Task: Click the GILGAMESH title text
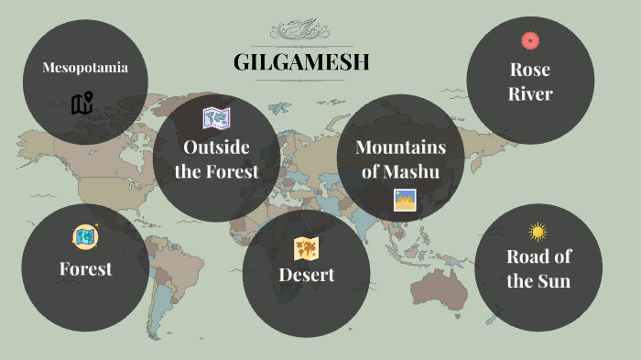[x=301, y=63]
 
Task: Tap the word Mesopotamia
[x=84, y=67]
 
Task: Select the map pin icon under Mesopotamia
[x=82, y=104]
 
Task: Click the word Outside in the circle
[x=216, y=147]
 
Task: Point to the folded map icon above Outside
[x=216, y=117]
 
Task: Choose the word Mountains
[x=400, y=147]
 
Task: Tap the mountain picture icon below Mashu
[x=405, y=200]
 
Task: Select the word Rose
[x=530, y=69]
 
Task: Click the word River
[x=530, y=93]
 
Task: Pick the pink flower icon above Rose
[x=529, y=40]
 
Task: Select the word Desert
[x=307, y=275]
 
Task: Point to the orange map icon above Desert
[x=306, y=247]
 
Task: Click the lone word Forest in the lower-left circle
[x=85, y=268]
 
